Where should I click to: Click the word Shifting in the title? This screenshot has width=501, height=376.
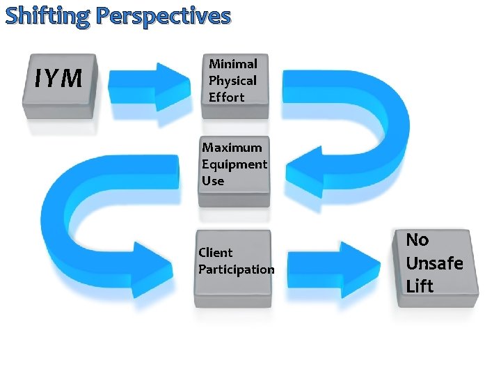tap(46, 15)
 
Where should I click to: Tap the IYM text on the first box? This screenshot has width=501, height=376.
tap(58, 79)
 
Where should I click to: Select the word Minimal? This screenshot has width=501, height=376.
tap(233, 64)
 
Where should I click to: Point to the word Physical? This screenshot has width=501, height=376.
tap(232, 81)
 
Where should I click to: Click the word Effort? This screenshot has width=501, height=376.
tap(226, 97)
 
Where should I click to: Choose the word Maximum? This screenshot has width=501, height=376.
tap(232, 148)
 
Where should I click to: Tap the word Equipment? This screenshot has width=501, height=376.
tap(234, 164)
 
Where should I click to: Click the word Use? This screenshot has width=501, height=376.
tap(213, 181)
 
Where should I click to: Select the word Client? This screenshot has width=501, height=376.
tap(216, 252)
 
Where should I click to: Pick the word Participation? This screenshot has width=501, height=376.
tap(237, 269)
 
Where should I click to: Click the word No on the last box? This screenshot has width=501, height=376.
tap(417, 240)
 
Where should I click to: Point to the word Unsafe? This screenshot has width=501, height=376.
tap(434, 263)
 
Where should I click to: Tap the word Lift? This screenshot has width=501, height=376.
tap(420, 286)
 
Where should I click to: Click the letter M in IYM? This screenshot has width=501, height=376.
tap(70, 79)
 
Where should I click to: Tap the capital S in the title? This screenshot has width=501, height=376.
tap(12, 15)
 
